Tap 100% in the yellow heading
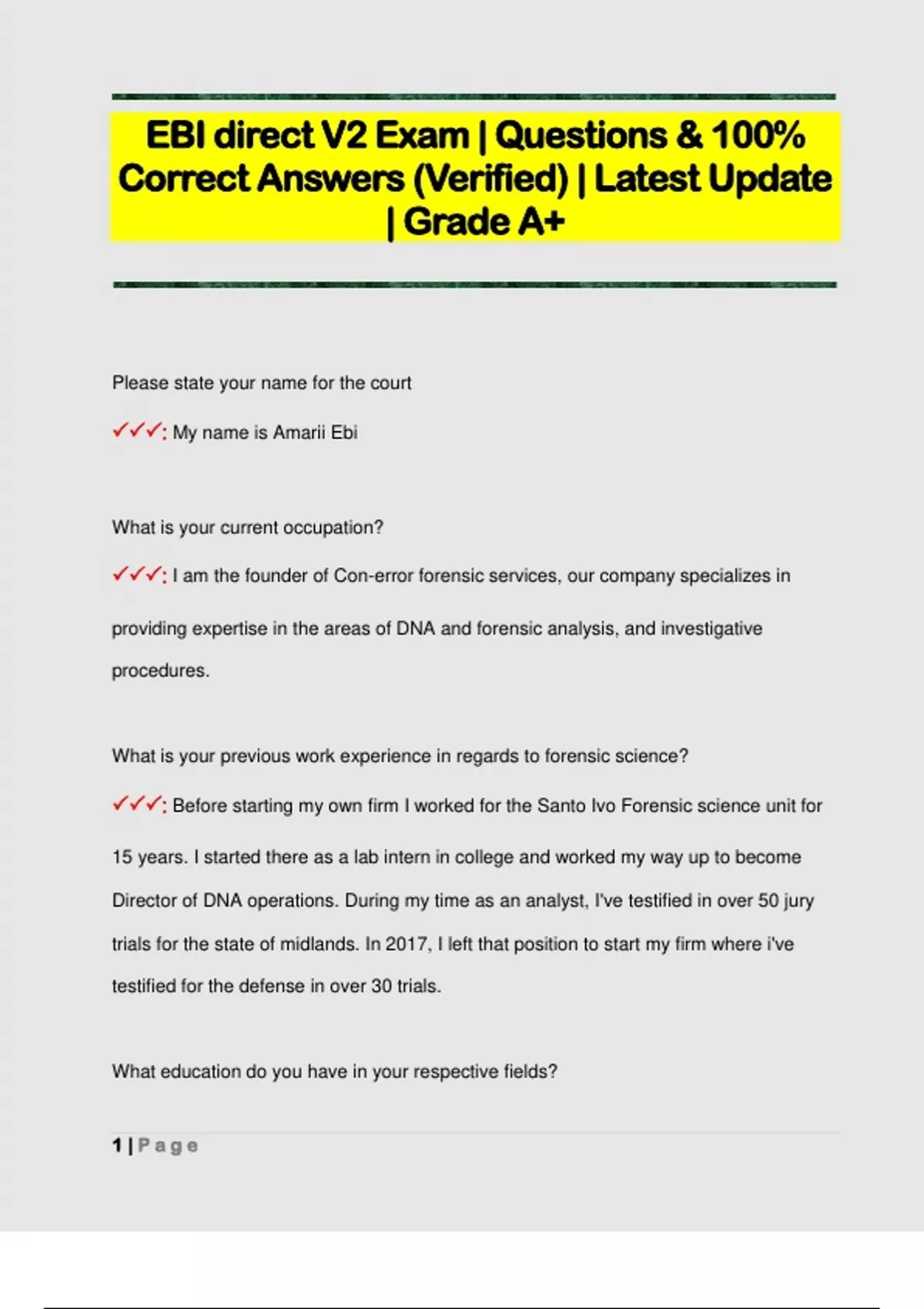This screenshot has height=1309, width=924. point(758,136)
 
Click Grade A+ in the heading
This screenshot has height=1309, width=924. point(484,222)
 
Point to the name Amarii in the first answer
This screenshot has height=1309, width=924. point(299,433)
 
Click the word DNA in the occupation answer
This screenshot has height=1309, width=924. point(416,628)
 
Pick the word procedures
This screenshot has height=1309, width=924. point(160,671)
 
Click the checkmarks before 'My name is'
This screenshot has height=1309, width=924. point(138,431)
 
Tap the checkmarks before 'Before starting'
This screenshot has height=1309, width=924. point(138,805)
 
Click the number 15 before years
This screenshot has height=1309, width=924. point(122,857)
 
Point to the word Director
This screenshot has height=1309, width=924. point(144,900)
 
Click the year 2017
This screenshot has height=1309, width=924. point(407,944)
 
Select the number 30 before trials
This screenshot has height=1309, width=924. point(382,986)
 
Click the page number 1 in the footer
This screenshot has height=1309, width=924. point(117,1146)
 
